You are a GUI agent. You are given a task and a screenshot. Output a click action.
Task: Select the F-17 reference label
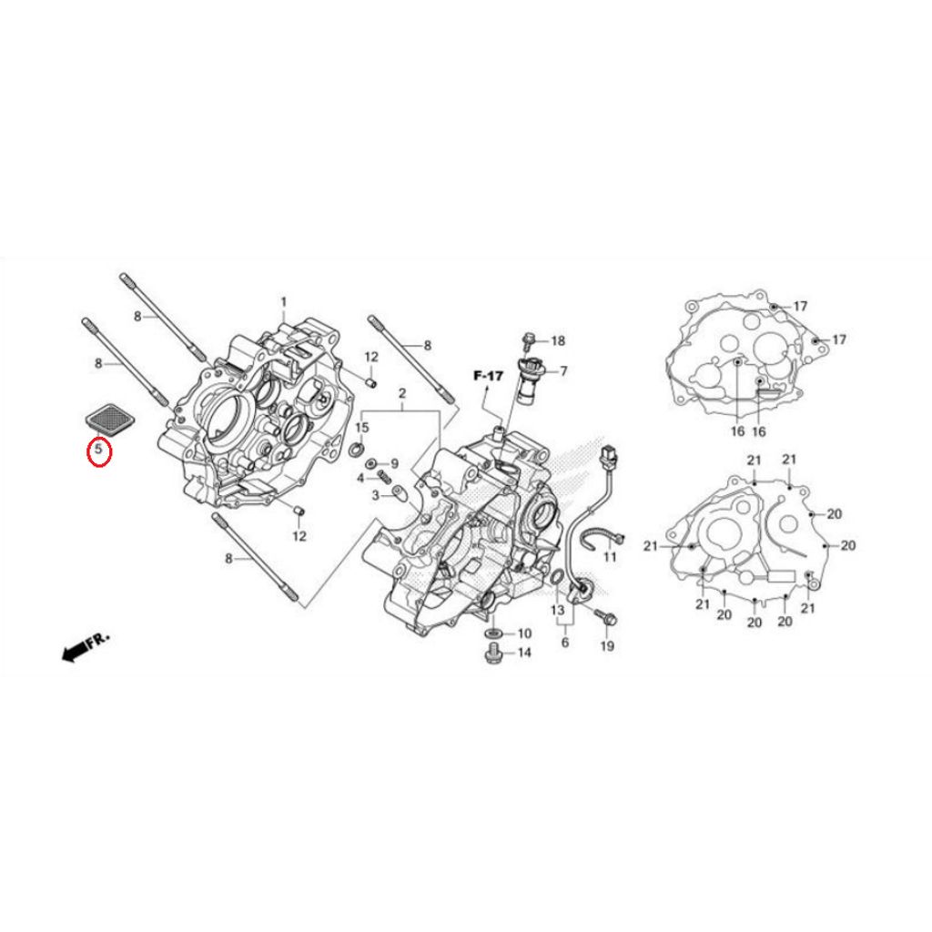(488, 375)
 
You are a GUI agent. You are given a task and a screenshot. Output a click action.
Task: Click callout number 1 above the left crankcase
(283, 301)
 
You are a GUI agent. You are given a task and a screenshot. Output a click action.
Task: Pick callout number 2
(400, 393)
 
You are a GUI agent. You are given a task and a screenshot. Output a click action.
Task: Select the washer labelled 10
(492, 632)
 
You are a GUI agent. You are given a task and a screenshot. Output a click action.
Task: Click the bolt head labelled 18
(528, 341)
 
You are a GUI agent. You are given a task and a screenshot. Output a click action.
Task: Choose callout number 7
(563, 370)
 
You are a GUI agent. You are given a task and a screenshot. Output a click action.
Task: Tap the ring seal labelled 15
(358, 450)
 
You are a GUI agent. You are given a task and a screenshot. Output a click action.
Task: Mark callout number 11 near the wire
(610, 555)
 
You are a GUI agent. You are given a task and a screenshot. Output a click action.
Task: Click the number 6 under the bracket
(565, 642)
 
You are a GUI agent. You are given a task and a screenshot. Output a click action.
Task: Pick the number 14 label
(524, 653)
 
